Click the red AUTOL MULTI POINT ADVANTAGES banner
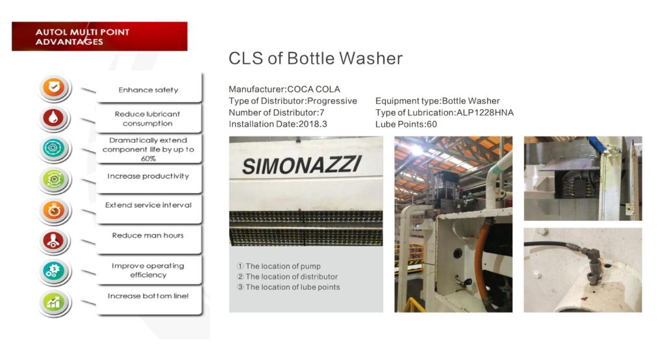[x=99, y=36]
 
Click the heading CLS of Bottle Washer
[x=316, y=58]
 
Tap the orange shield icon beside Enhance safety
[x=54, y=88]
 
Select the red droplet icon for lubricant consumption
[x=53, y=118]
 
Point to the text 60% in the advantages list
[x=148, y=159]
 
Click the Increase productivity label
[x=148, y=176]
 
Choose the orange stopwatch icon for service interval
[x=53, y=210]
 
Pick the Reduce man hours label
[x=147, y=235]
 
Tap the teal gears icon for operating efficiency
[x=53, y=271]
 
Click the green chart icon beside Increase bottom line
[x=53, y=302]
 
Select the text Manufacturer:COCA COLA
[x=284, y=89]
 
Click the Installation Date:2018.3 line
[x=278, y=124]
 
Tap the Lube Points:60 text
[x=406, y=124]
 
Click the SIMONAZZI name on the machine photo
[x=302, y=165]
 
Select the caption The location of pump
[x=279, y=266]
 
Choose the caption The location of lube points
[x=288, y=287]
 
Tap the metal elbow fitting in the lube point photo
[x=592, y=265]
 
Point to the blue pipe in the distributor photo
[x=597, y=144]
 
